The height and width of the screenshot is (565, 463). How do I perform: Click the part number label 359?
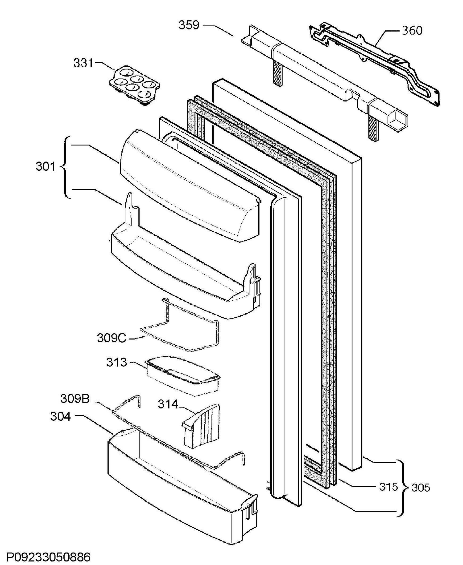(x=189, y=25)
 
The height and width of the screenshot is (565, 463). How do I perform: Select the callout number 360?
(x=412, y=31)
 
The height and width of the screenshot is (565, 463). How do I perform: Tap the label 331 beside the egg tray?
(x=83, y=63)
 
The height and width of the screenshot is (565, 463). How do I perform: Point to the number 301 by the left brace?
(x=45, y=166)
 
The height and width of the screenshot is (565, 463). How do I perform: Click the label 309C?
(x=112, y=338)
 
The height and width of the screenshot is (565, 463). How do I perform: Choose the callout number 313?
(x=116, y=362)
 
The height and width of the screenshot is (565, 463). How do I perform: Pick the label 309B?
(x=75, y=399)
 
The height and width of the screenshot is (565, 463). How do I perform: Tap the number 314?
(x=167, y=404)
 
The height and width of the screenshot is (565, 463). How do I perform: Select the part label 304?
(x=61, y=416)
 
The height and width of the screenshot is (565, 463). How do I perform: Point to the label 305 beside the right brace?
(x=421, y=488)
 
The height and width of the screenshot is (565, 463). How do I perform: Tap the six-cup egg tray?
(x=135, y=85)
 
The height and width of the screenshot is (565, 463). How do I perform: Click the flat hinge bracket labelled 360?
(x=373, y=61)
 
